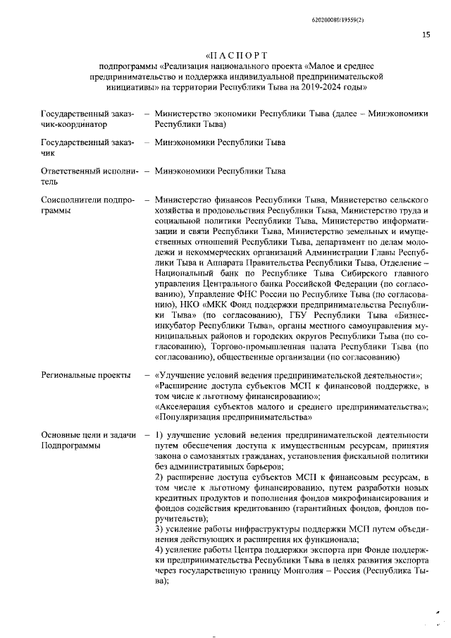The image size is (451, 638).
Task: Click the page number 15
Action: point(426,34)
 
